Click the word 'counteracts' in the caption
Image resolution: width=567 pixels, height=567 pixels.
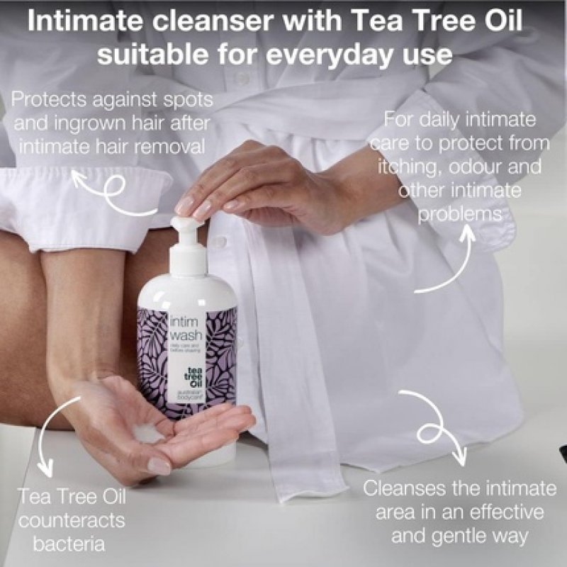(x=71, y=521)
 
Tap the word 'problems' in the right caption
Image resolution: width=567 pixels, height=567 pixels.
(x=464, y=214)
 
